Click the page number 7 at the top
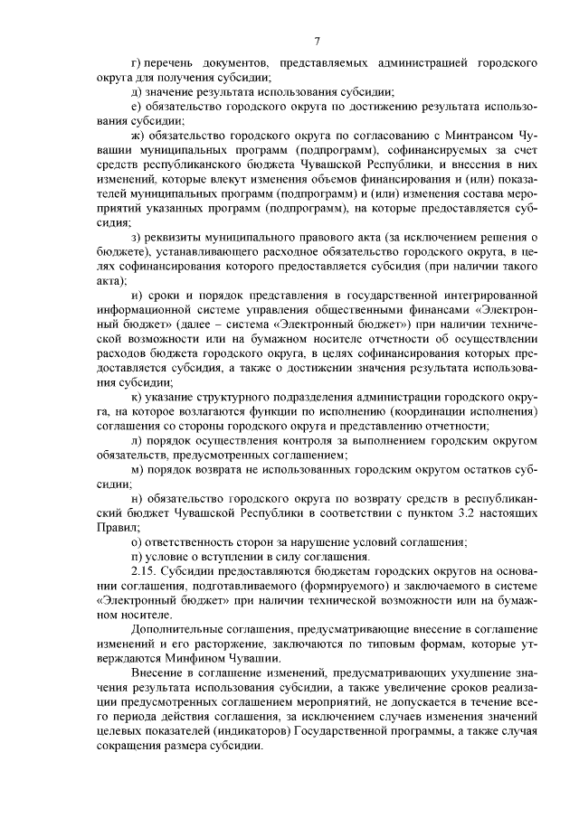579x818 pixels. point(318,41)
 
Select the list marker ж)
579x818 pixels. point(138,133)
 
